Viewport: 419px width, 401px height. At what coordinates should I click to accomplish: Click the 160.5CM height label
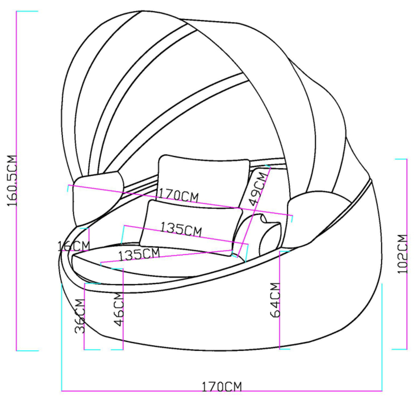click(x=12, y=181)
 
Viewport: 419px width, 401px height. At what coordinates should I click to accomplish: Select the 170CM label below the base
click(x=221, y=387)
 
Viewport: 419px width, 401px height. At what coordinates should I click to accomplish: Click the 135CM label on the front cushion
click(x=181, y=229)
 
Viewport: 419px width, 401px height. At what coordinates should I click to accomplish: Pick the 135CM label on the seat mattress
click(x=139, y=254)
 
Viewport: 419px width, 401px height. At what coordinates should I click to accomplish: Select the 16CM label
click(x=74, y=246)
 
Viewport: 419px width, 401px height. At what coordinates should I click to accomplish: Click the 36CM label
click(x=80, y=316)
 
